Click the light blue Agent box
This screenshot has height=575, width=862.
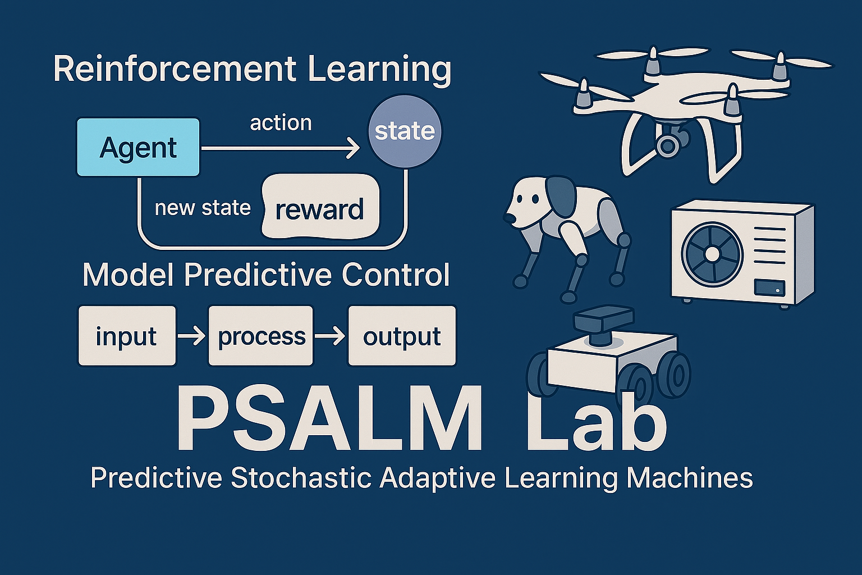(x=139, y=147)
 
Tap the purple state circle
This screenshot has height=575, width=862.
(x=405, y=131)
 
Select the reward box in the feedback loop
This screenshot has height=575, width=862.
(x=320, y=207)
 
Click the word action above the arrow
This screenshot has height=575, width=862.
(x=281, y=123)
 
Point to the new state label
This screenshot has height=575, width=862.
(x=203, y=208)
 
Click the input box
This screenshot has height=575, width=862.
(x=127, y=335)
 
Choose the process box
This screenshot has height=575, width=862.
(x=261, y=335)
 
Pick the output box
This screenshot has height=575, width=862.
(x=402, y=335)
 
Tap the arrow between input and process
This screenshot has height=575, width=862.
(x=191, y=336)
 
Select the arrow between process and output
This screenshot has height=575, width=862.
(x=330, y=336)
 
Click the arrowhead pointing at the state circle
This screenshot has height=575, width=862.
(x=352, y=148)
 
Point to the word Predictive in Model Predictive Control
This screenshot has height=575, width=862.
(x=258, y=275)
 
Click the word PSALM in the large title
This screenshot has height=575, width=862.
(x=329, y=418)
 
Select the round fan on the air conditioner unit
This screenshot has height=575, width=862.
(x=712, y=254)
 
